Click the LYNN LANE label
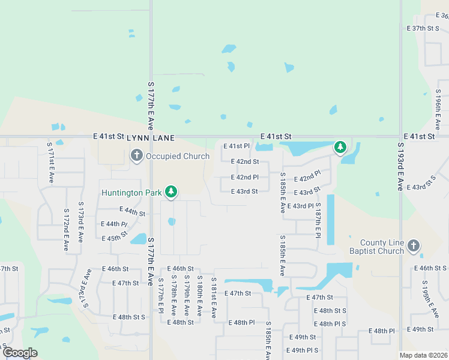(151, 138)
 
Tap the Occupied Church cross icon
(136, 156)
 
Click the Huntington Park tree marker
(172, 192)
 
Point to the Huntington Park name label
(132, 193)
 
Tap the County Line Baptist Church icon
(413, 245)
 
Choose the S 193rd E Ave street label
(400, 167)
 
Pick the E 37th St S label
(424, 28)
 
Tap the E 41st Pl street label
(237, 146)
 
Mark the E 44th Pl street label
(115, 224)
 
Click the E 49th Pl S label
(303, 350)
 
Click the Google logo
(20, 353)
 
